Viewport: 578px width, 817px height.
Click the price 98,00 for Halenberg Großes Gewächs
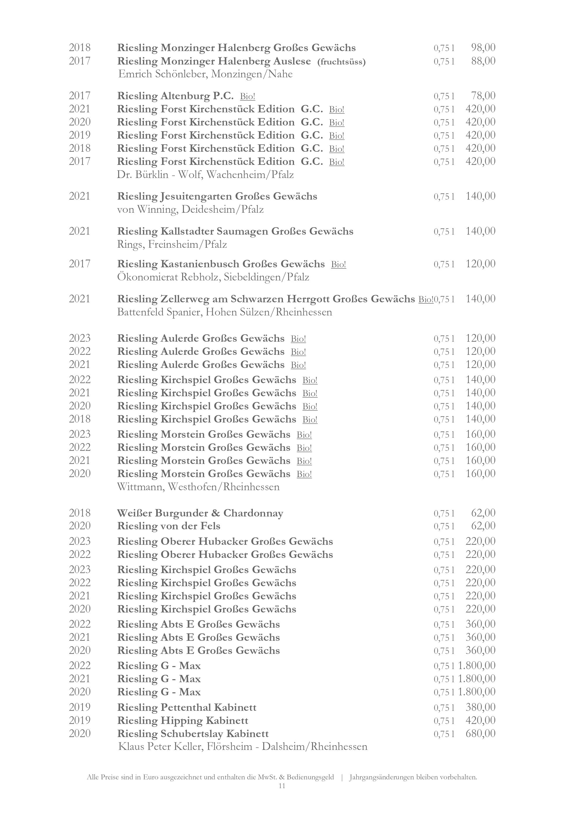click(483, 48)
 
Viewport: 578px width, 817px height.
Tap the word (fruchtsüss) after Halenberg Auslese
click(341, 62)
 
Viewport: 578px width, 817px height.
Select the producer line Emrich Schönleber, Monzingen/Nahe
click(205, 74)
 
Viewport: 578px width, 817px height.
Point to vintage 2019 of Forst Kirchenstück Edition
click(80, 135)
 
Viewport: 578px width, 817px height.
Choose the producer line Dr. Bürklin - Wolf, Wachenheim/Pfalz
click(205, 175)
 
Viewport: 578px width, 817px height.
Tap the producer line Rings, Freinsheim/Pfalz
click(172, 245)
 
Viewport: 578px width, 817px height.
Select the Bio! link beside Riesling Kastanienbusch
click(338, 264)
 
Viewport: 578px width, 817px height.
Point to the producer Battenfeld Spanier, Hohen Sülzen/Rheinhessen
click(224, 312)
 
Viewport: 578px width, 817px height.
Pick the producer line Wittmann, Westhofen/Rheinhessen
click(198, 486)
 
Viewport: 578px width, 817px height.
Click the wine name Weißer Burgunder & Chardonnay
click(200, 513)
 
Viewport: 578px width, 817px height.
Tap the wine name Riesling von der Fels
click(169, 526)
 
